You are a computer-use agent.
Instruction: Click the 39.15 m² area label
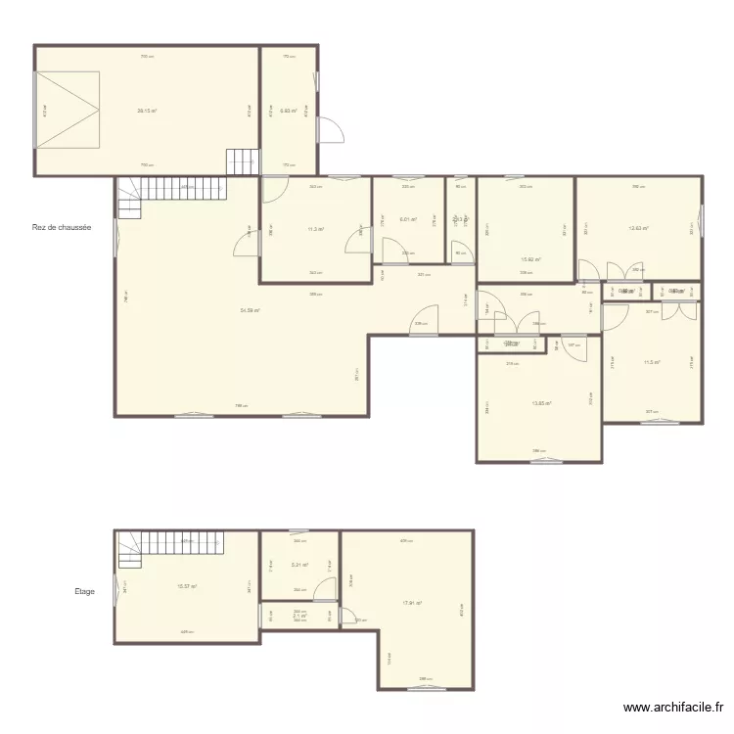(147, 111)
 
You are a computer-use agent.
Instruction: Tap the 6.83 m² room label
(288, 111)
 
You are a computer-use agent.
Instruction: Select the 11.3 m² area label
(315, 230)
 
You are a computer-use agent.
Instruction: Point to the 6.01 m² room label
(410, 219)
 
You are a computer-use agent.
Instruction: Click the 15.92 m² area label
(531, 259)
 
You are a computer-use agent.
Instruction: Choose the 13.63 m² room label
(638, 229)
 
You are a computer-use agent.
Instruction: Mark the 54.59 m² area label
(251, 310)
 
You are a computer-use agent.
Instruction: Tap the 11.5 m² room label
(651, 363)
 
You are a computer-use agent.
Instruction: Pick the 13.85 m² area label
(541, 403)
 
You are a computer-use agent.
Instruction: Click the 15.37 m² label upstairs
(187, 586)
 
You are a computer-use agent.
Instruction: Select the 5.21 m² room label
(299, 565)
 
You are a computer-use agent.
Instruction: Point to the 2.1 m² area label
(299, 616)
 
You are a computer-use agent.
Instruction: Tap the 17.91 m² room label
(412, 603)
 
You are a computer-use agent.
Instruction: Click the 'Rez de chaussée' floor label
(62, 228)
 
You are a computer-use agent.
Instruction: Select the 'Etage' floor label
(84, 591)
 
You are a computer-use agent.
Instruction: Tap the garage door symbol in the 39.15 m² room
(69, 111)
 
